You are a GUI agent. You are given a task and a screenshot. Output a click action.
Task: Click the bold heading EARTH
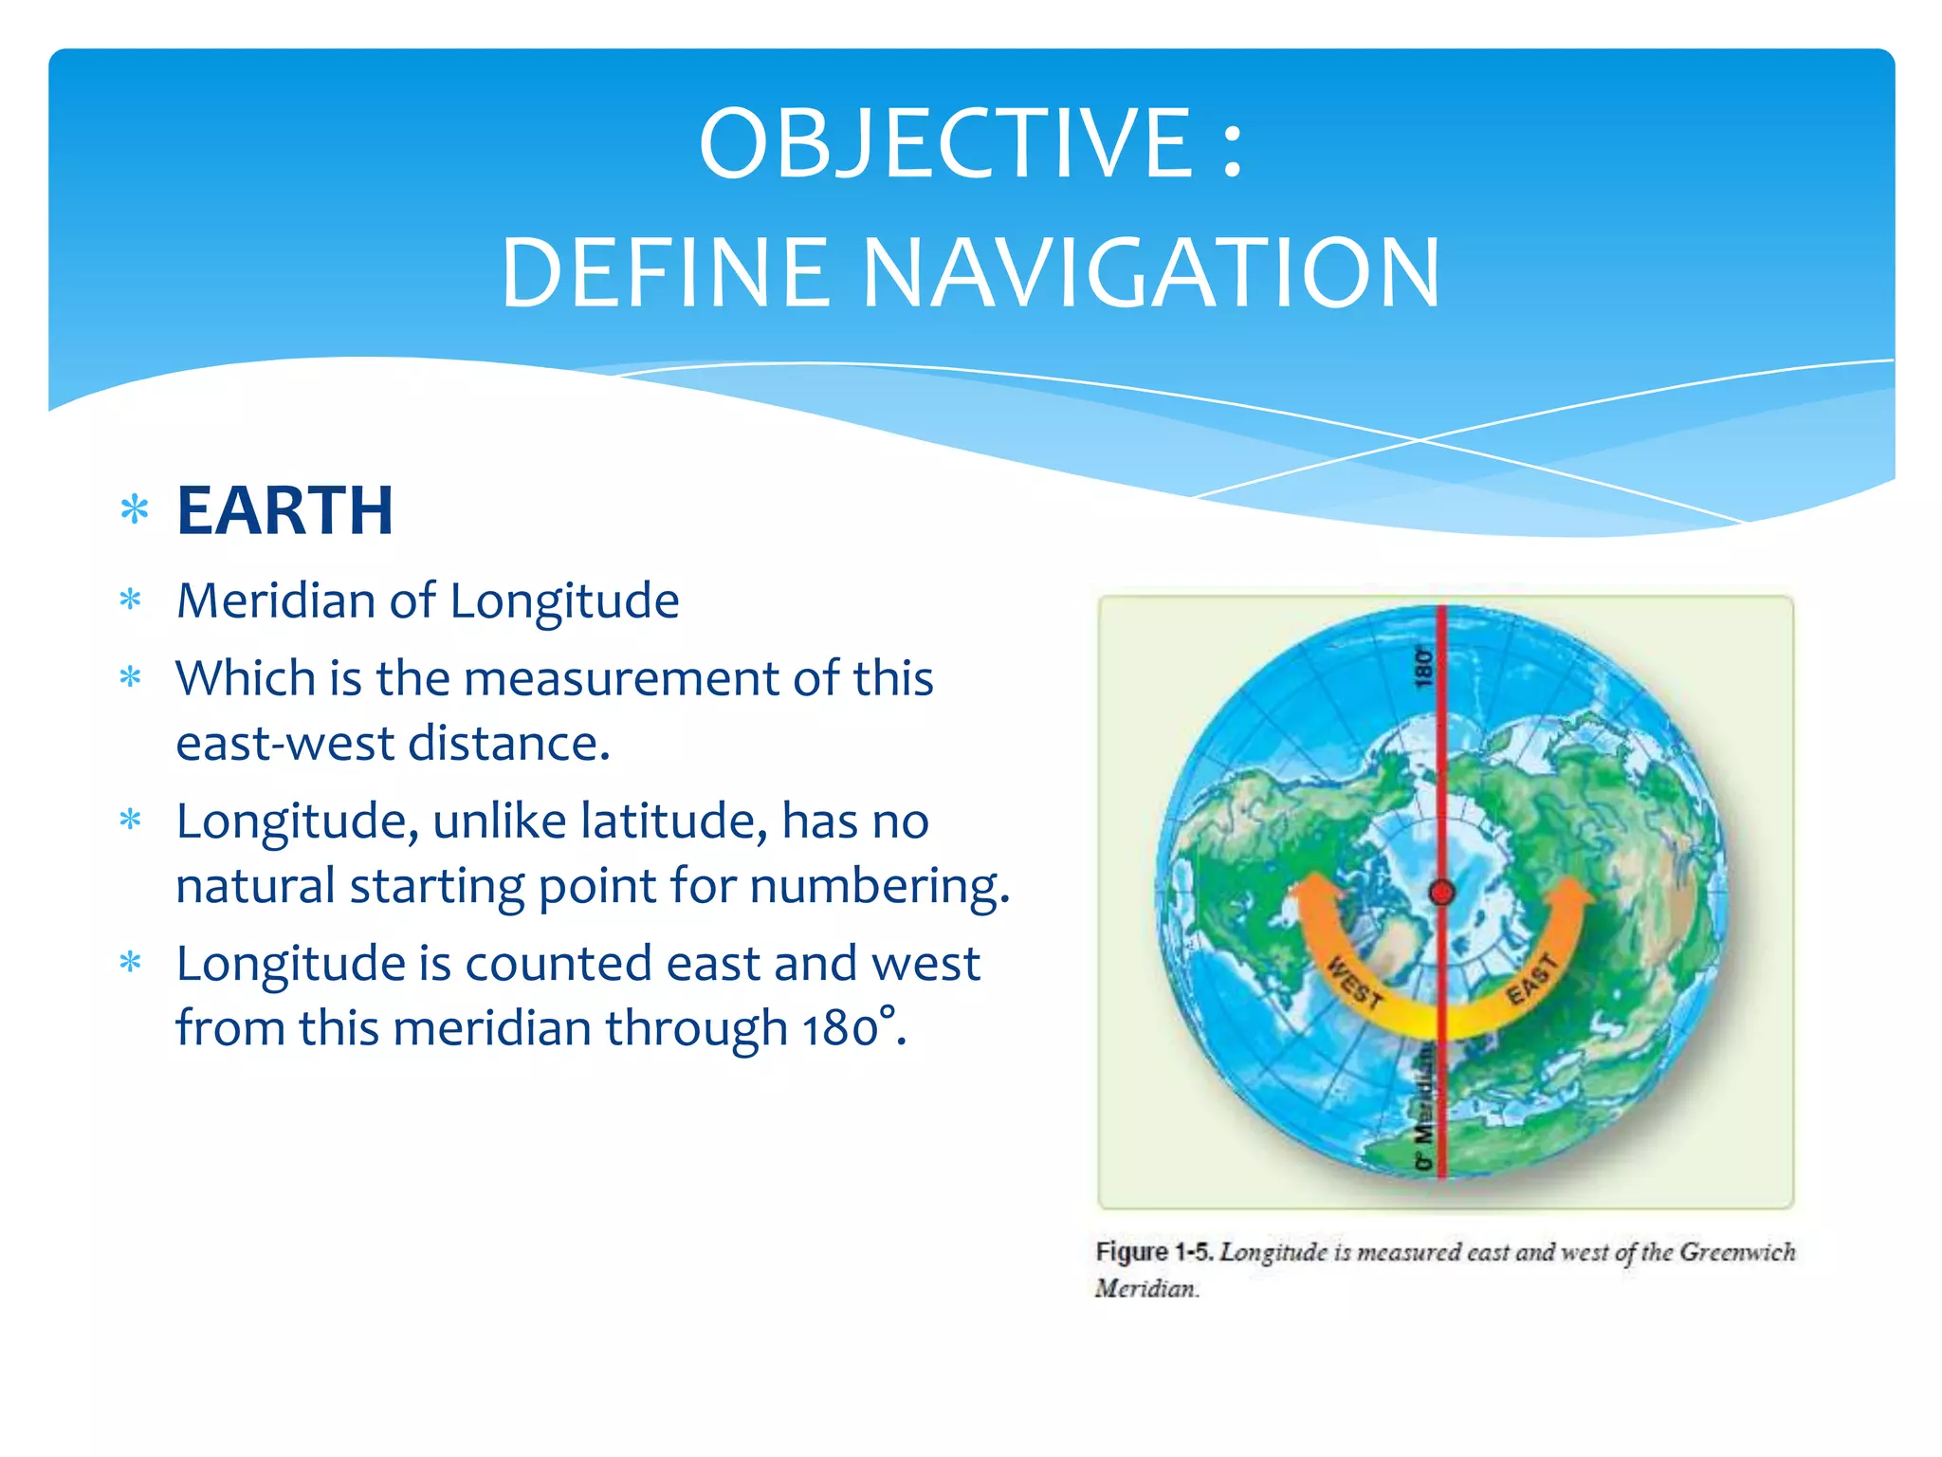[x=284, y=511]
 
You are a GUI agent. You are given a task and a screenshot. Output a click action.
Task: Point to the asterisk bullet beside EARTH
[x=135, y=511]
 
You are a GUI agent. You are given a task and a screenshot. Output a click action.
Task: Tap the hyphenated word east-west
[x=284, y=744]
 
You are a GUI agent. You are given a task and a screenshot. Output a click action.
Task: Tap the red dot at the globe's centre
[x=1441, y=892]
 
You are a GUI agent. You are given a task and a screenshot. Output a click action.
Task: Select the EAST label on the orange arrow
[x=1531, y=979]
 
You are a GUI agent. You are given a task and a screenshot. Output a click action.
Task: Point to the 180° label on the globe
[x=1423, y=667]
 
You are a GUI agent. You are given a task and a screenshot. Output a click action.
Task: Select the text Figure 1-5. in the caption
[x=1153, y=1252]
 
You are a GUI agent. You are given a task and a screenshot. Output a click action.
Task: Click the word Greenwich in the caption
[x=1736, y=1252]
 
